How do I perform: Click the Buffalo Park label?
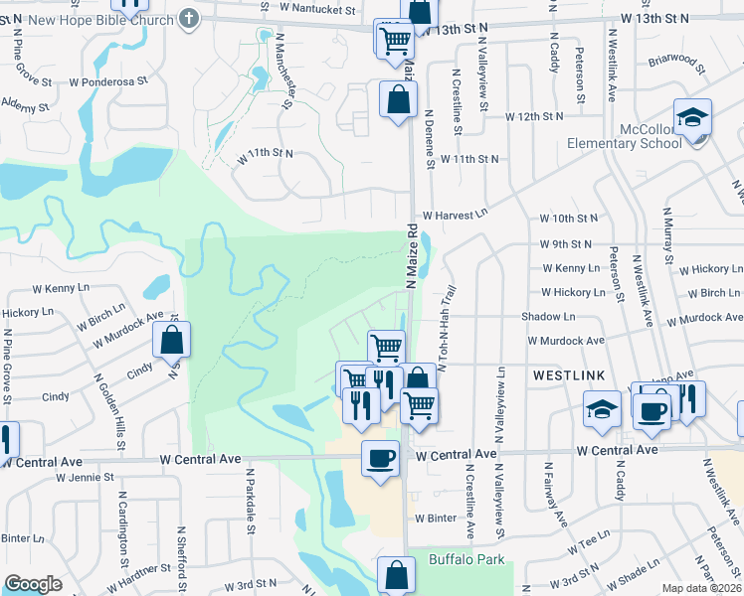[x=466, y=560]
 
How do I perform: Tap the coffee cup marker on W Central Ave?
[x=381, y=459]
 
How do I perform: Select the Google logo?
[x=34, y=584]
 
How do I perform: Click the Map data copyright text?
[x=702, y=588]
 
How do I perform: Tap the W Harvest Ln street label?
[x=456, y=215]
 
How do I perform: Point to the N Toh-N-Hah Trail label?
[x=444, y=329]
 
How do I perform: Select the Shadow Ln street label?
[x=548, y=316]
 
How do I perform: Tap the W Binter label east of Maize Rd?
[x=436, y=519]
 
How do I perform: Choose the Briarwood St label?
[x=672, y=65]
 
